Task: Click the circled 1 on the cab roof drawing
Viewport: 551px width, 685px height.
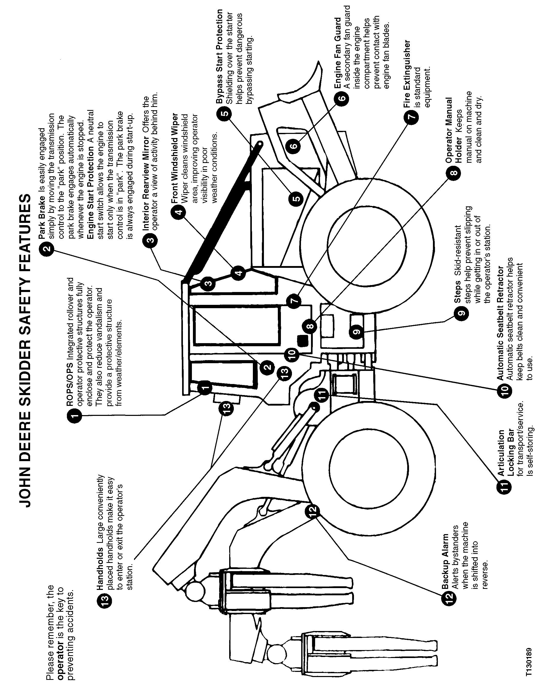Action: [x=205, y=388]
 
